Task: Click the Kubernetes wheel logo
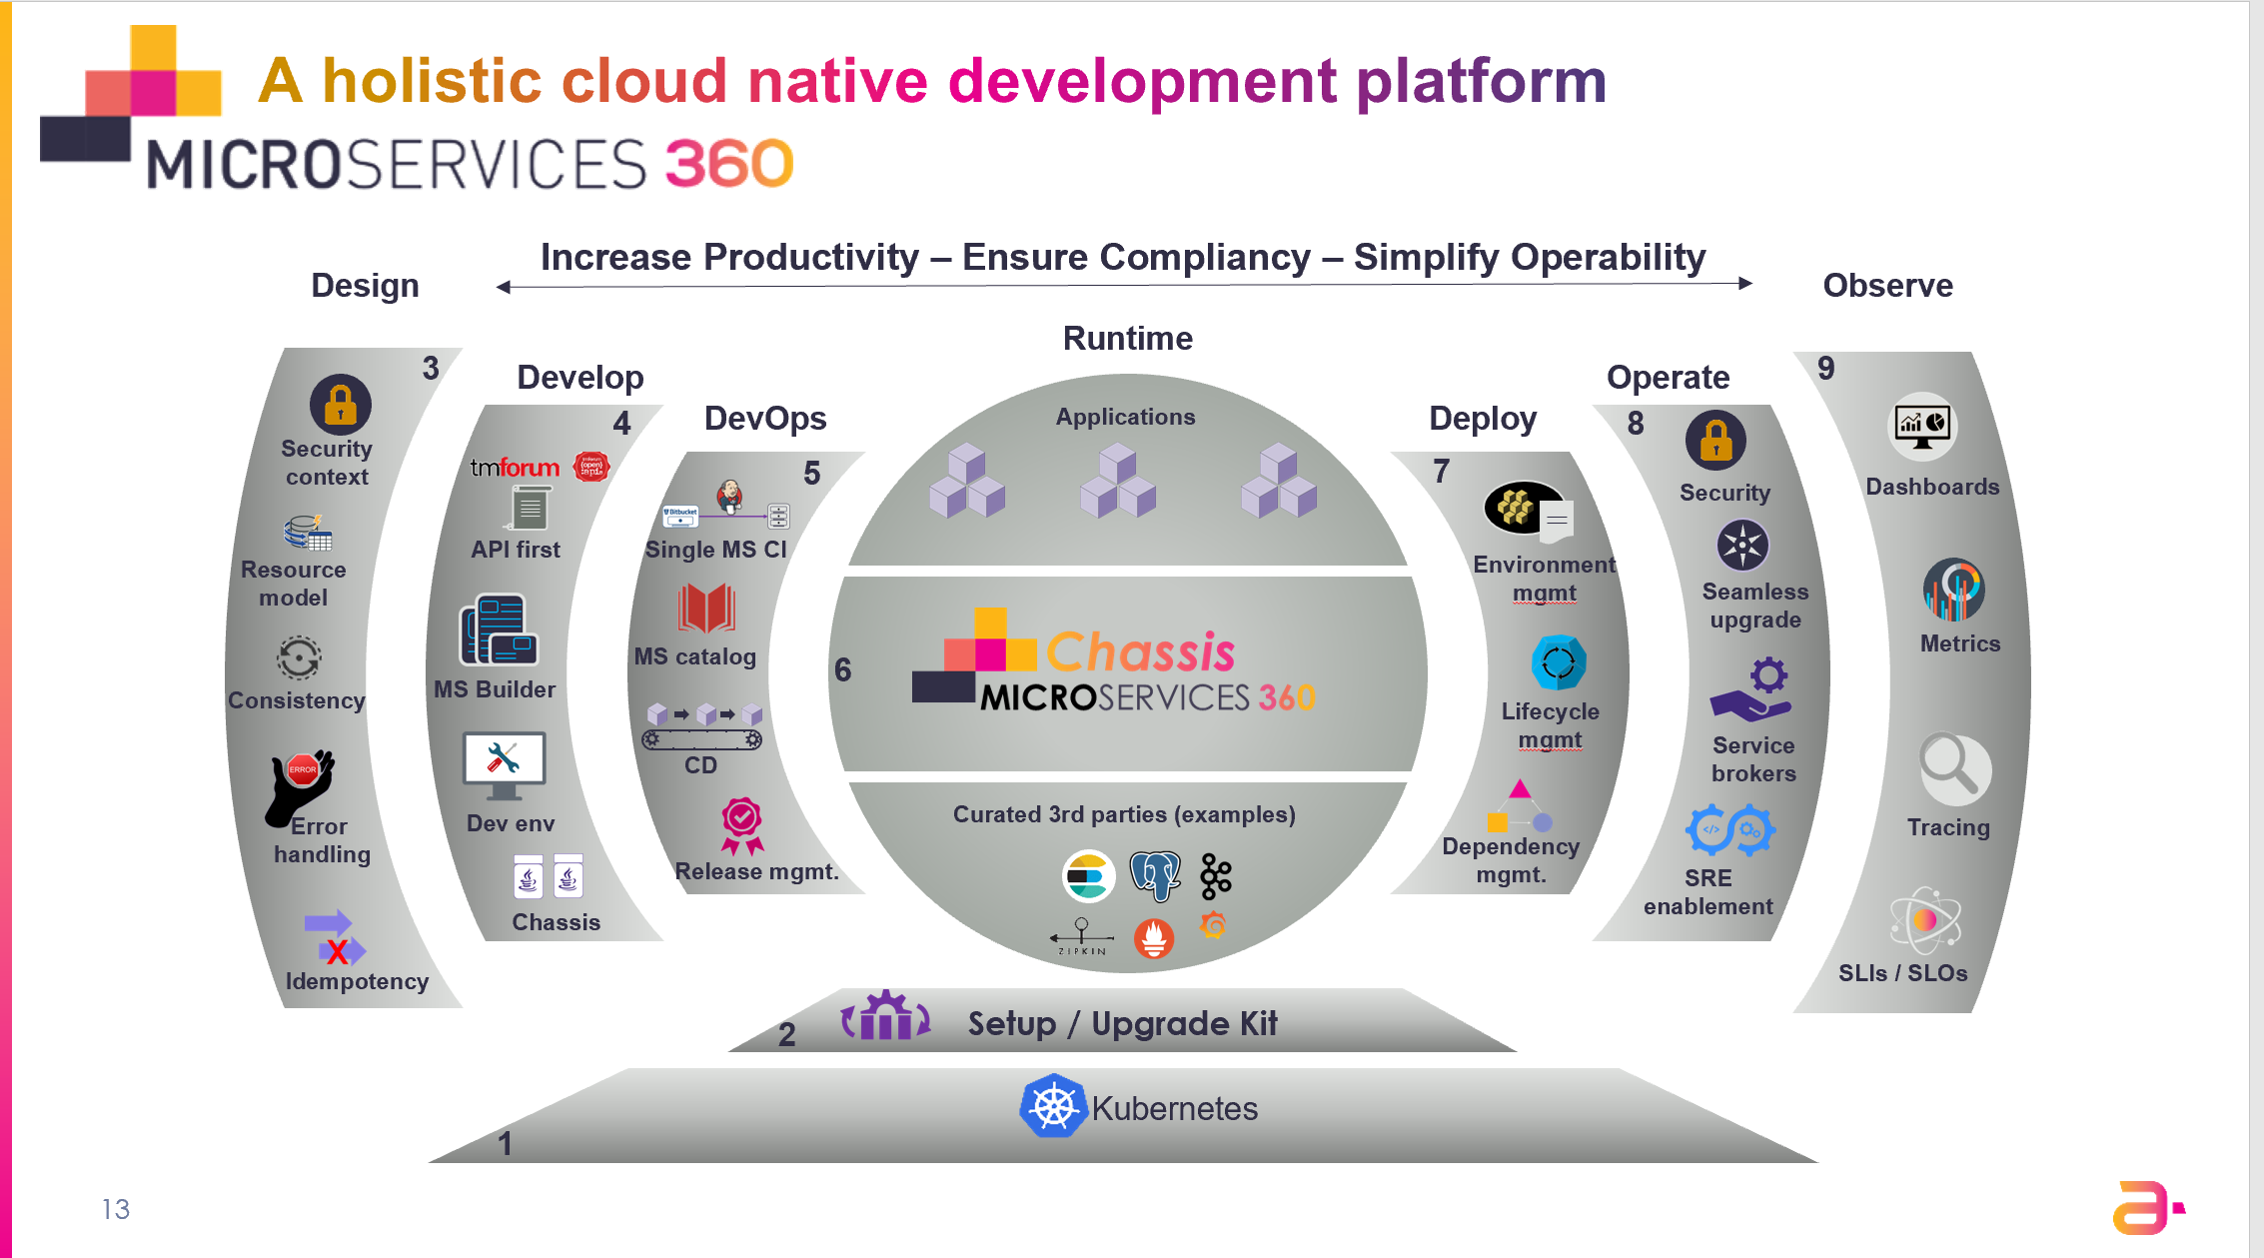1053,1106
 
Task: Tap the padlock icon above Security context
341,405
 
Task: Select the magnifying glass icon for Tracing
1954,768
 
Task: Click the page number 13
116,1209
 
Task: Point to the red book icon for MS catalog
706,609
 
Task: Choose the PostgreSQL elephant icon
1154,876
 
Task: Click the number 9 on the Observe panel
1826,369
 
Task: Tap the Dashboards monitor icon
1922,427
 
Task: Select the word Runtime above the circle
1127,339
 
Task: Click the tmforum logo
515,468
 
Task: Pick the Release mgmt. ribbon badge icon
742,825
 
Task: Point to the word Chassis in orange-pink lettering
1140,652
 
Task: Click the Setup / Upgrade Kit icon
885,1018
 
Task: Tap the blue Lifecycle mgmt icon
1558,662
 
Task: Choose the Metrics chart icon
1953,591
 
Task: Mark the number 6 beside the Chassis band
843,669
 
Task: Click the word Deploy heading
1483,419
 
